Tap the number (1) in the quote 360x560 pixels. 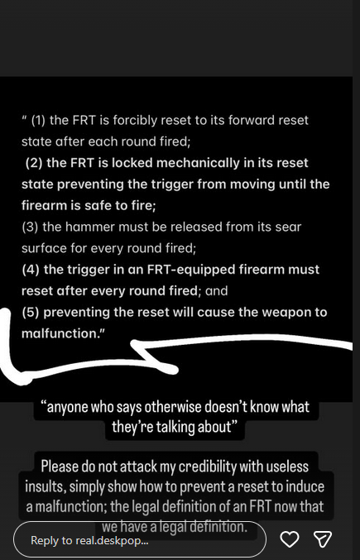click(39, 121)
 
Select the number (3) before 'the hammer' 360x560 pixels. click(30, 227)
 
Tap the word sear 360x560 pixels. click(288, 227)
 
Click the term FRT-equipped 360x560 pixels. click(190, 270)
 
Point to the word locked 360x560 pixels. click(132, 163)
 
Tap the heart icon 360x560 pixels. click(290, 539)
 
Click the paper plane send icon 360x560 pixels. click(323, 539)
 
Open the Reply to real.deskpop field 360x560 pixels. click(140, 540)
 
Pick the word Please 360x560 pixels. click(57, 467)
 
